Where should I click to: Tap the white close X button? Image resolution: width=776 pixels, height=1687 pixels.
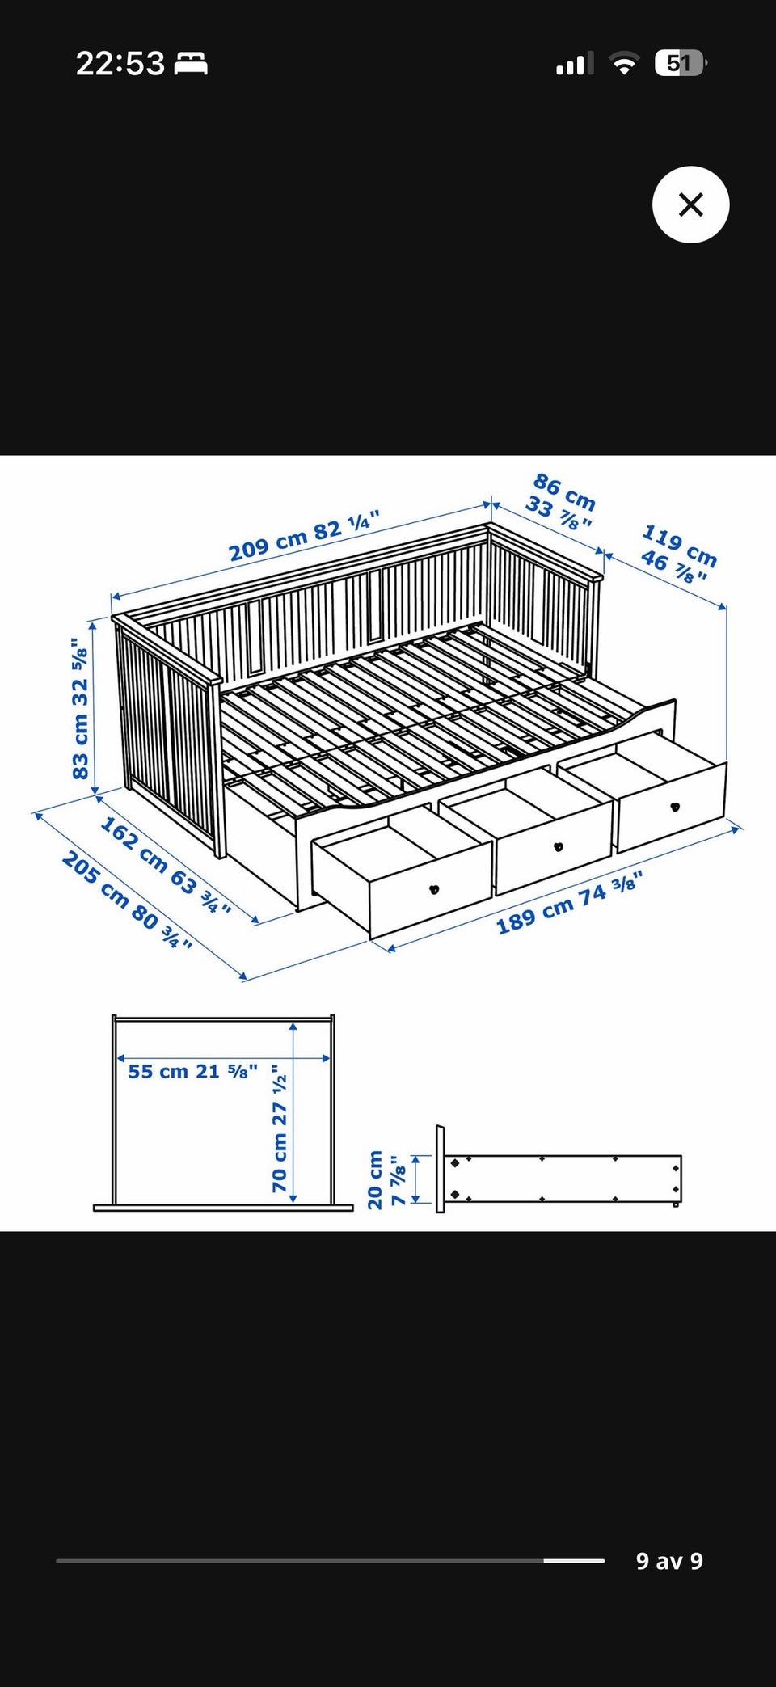click(x=690, y=205)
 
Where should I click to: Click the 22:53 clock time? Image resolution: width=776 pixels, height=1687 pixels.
click(x=120, y=63)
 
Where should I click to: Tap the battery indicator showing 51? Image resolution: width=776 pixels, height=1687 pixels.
click(x=681, y=63)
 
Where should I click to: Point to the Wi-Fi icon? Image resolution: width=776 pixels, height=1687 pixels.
click(x=623, y=63)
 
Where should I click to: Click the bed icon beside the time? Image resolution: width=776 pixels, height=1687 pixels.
click(x=191, y=63)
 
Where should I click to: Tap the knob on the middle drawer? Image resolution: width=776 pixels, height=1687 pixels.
click(x=556, y=846)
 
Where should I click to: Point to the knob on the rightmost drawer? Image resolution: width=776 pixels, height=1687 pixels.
click(x=675, y=806)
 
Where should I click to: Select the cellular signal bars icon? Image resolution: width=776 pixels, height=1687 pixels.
click(x=575, y=63)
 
